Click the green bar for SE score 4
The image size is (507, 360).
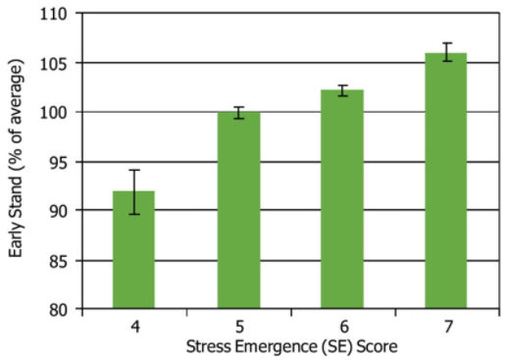(x=133, y=250)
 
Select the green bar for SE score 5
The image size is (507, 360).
(x=237, y=211)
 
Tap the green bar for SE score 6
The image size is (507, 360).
(x=341, y=200)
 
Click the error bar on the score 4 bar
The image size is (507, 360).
(x=133, y=192)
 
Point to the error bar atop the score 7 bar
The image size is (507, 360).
(x=445, y=52)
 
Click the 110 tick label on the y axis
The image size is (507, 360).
(x=58, y=15)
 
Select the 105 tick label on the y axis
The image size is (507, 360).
(x=58, y=64)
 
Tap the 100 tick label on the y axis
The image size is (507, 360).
(x=58, y=113)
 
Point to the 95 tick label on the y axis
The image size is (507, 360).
(x=62, y=162)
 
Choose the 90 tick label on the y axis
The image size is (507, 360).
(x=62, y=211)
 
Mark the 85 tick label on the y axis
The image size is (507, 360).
(x=62, y=261)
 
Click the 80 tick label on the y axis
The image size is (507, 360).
(x=62, y=310)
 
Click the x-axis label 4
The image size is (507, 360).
(x=133, y=327)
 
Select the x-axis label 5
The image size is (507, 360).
(x=237, y=327)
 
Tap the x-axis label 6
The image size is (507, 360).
(x=341, y=327)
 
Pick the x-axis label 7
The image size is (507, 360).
(x=445, y=327)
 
